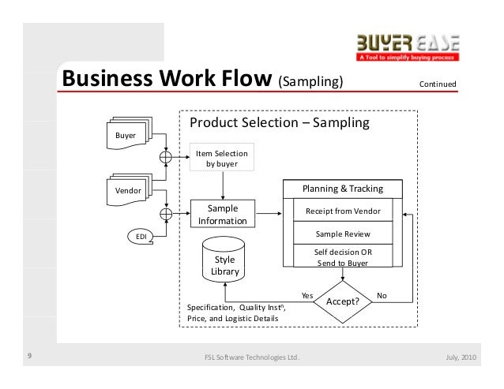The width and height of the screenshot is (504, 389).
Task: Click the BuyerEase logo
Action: (x=408, y=48)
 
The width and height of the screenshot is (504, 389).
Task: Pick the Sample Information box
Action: (x=223, y=215)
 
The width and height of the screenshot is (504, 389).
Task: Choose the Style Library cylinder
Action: (x=224, y=261)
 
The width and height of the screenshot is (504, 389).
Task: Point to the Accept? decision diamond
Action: (x=343, y=302)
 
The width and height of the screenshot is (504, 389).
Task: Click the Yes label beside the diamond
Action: (x=307, y=295)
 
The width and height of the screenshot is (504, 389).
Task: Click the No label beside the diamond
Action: (x=382, y=295)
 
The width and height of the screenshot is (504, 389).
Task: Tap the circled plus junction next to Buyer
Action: (x=166, y=156)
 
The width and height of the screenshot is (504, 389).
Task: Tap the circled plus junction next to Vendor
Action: (x=166, y=212)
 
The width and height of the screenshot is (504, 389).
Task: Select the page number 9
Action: (x=28, y=357)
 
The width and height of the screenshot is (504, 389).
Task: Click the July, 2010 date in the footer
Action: (x=461, y=357)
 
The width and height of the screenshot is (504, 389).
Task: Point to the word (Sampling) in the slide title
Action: (x=310, y=83)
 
